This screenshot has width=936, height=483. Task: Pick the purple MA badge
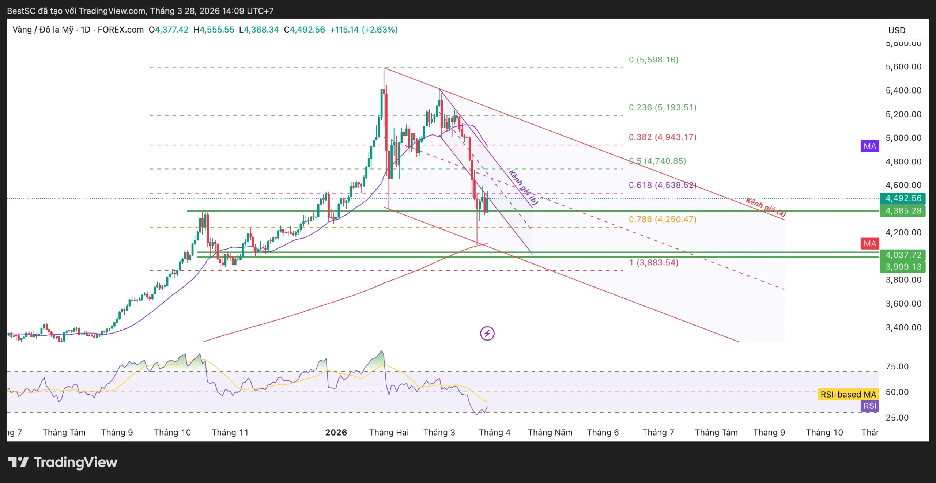870,146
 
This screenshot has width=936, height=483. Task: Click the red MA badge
870,243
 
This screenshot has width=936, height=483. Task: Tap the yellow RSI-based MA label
848,394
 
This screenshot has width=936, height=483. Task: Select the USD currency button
897,30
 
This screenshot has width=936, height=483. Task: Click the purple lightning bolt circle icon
487,333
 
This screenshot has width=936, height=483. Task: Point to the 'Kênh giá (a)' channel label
766,207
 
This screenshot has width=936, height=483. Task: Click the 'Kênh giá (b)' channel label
523,187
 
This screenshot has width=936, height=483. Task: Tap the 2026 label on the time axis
336,432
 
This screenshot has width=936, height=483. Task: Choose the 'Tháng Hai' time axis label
389,432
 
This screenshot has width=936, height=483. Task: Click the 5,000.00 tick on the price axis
903,138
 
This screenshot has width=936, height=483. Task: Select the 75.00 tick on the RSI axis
897,366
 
